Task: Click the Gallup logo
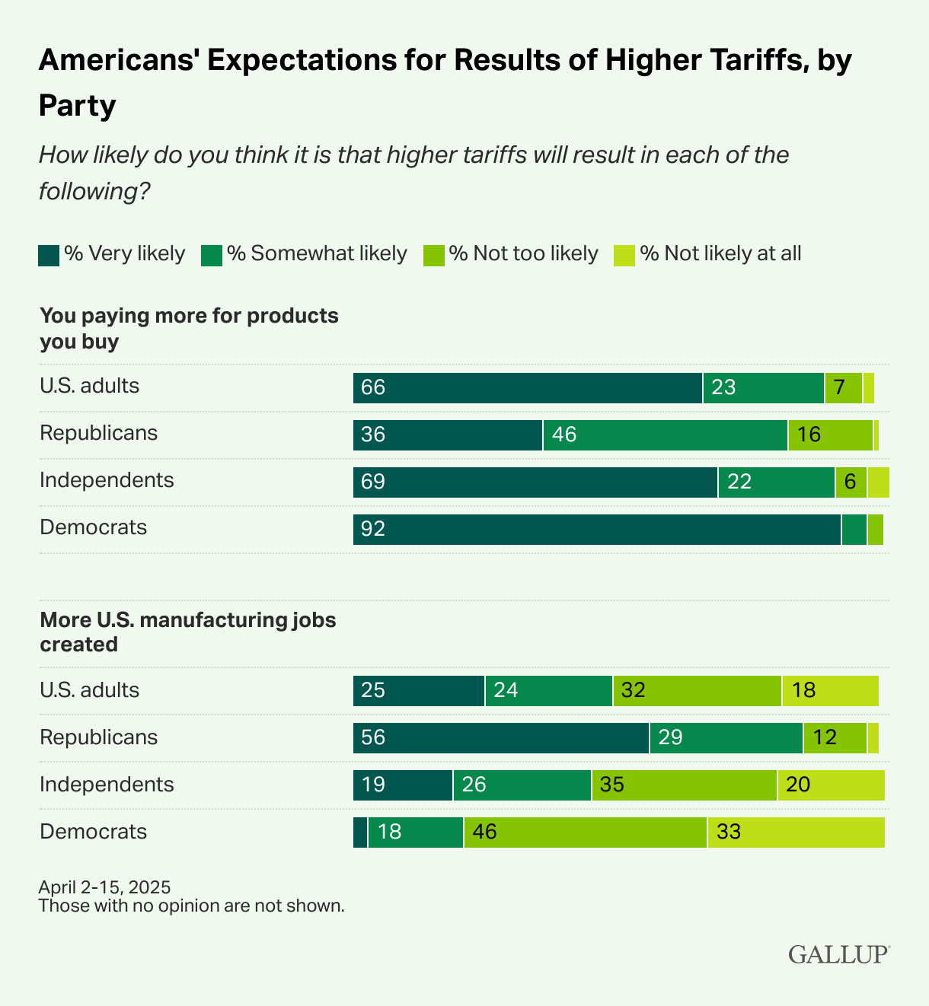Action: tap(838, 953)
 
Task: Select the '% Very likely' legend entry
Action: tap(113, 253)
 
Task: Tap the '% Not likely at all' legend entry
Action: tap(708, 253)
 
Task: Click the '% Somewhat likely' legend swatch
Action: tap(211, 255)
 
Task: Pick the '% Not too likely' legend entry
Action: tap(512, 253)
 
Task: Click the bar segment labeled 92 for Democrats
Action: tap(596, 530)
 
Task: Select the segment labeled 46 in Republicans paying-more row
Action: tap(665, 435)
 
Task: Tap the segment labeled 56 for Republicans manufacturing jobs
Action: tap(500, 738)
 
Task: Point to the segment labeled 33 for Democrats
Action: tap(796, 832)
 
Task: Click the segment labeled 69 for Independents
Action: tap(535, 482)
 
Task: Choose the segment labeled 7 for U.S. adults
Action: tap(843, 388)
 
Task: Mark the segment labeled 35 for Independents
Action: tap(684, 785)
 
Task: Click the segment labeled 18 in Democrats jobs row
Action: tap(415, 832)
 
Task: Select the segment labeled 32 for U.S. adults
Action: tap(697, 691)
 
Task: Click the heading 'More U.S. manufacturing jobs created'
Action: tap(187, 632)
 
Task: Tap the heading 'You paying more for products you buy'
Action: tap(189, 328)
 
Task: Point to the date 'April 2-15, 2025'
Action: tap(104, 887)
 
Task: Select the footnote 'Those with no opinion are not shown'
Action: tap(191, 906)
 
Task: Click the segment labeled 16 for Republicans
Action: tap(830, 435)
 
